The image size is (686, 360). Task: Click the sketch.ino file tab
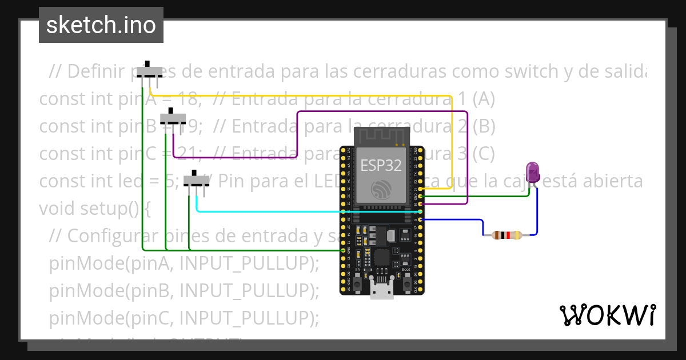[101, 25]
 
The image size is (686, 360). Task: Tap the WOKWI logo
[607, 315]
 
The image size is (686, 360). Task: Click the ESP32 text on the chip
[381, 165]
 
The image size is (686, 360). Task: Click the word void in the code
[55, 209]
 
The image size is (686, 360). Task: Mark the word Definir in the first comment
[92, 71]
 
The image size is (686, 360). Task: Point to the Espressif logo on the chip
[381, 190]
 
